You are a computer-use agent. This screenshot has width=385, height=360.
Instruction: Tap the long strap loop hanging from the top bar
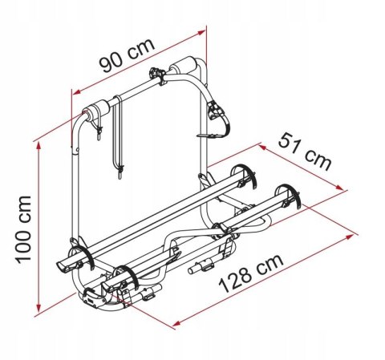(120, 136)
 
